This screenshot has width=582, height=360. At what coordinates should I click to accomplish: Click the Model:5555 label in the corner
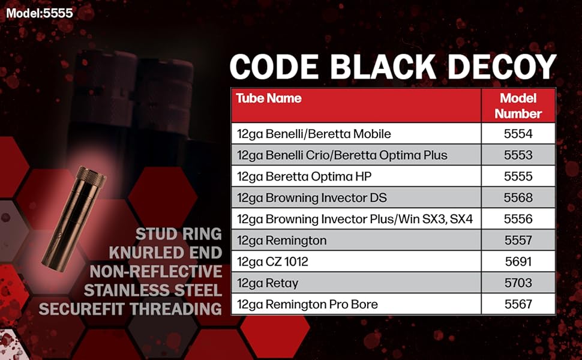tap(40, 13)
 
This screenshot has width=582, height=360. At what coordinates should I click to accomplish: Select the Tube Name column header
tap(269, 98)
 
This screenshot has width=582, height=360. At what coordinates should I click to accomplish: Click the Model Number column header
tap(518, 106)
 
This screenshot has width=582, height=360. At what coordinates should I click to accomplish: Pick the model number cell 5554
tap(518, 134)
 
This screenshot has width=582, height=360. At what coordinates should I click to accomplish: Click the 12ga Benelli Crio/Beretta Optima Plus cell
tap(342, 155)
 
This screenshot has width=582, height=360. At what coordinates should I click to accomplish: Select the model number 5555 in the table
tap(518, 176)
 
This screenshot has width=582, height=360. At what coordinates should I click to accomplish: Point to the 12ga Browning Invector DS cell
tap(312, 198)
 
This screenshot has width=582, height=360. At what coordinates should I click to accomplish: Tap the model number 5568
tap(518, 197)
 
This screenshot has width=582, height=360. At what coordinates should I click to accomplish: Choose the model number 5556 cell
tap(518, 219)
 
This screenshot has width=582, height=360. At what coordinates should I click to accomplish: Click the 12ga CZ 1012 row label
tap(272, 262)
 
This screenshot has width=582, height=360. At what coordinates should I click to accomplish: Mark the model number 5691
tap(518, 262)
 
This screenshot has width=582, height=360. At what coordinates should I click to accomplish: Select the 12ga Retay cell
tap(268, 284)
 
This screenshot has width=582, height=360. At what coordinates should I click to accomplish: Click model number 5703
tap(518, 283)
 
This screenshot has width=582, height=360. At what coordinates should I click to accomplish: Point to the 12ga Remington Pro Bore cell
tap(307, 305)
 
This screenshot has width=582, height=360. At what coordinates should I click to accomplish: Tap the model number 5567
tap(518, 304)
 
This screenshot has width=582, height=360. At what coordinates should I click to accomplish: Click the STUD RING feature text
tap(179, 234)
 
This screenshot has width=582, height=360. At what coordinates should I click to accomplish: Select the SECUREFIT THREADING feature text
tap(130, 309)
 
